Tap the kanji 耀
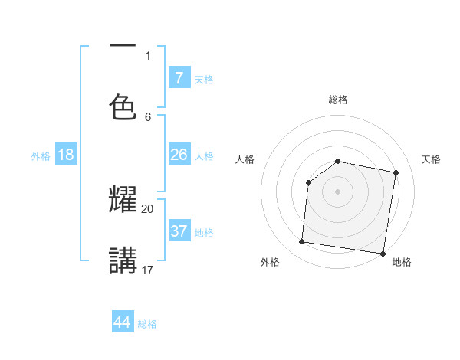coord(123,199)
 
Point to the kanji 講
coord(123,260)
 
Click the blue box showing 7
coord(179,77)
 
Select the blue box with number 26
coord(179,154)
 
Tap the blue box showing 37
coord(179,231)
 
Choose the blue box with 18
coord(66,155)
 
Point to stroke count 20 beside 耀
coord(148,208)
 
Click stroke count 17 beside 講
coord(148,270)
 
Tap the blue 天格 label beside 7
coord(204,80)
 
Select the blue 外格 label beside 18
coord(41,156)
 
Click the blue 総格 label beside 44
coord(147,324)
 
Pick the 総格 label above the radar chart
coord(338,100)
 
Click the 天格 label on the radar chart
coord(432,159)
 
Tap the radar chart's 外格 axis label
coord(269,262)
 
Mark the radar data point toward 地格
coord(383,253)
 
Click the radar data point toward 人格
coord(308,182)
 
